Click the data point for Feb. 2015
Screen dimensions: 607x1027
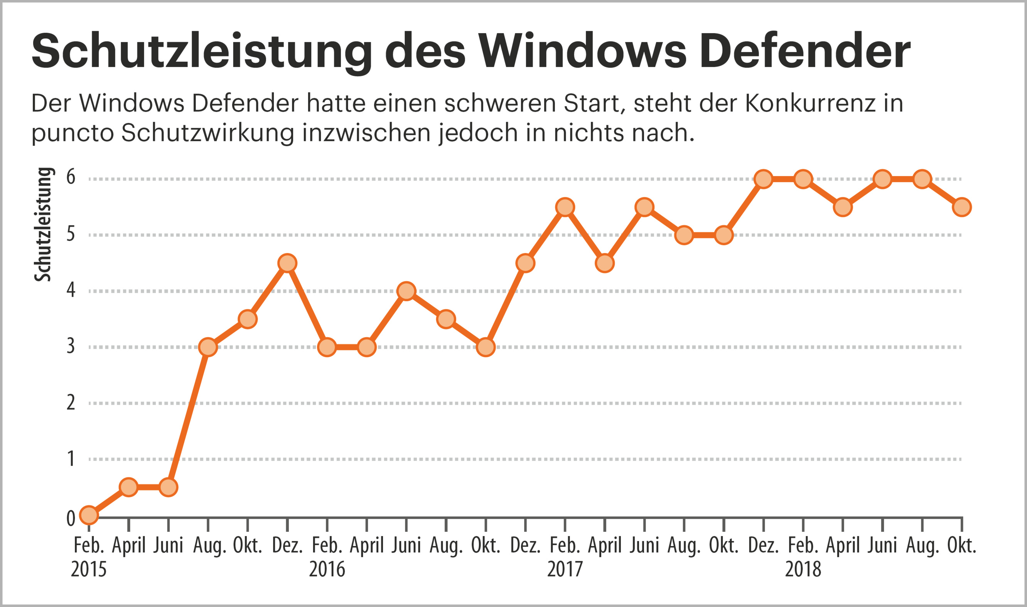click(x=89, y=515)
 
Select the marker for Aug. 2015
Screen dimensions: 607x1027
click(x=208, y=347)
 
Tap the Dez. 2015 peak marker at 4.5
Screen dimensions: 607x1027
click(x=287, y=263)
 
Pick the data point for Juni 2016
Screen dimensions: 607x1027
click(x=406, y=291)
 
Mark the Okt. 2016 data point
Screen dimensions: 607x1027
click(x=486, y=347)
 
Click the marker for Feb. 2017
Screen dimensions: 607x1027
click(x=565, y=207)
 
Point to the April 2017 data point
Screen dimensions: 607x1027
click(x=605, y=263)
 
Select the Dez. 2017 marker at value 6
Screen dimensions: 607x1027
click(x=764, y=179)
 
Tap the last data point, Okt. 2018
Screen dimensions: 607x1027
click(x=962, y=207)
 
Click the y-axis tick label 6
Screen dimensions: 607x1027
click(x=71, y=177)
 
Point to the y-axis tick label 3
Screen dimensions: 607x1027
click(x=71, y=346)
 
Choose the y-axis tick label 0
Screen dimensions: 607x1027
click(x=71, y=519)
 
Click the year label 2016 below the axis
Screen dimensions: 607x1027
click(x=327, y=569)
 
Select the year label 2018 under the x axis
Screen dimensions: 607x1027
click(x=803, y=569)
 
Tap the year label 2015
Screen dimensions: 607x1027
click(x=89, y=569)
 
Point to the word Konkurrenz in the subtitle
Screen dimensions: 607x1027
click(x=809, y=104)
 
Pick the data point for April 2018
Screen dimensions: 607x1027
click(x=843, y=207)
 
